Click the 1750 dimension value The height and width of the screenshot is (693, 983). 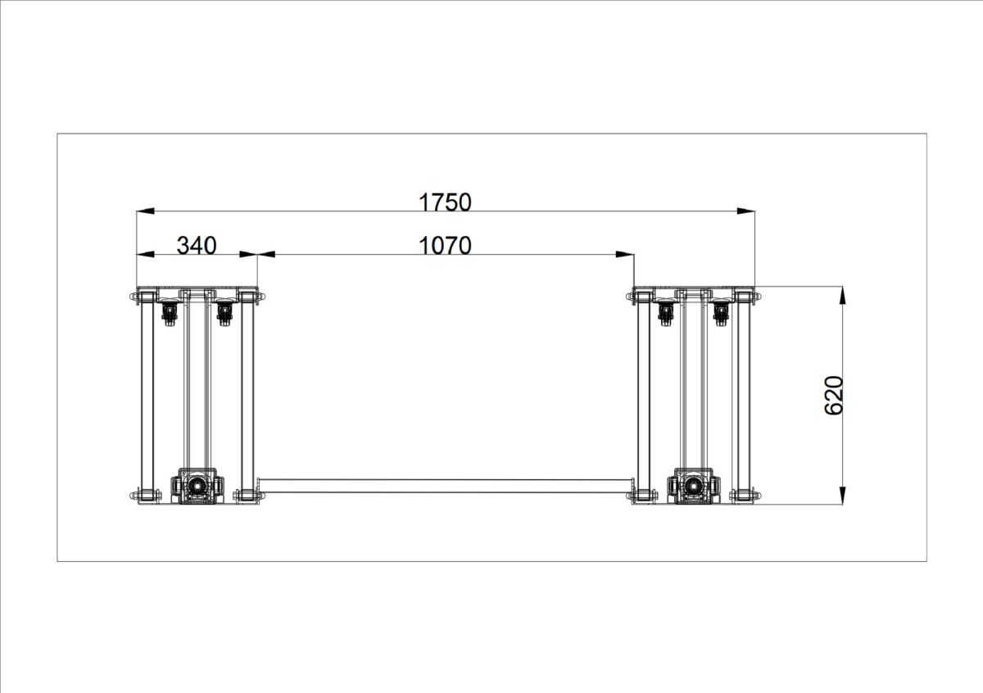(x=445, y=202)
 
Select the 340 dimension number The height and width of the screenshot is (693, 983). (x=196, y=246)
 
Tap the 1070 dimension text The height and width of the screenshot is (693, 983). (x=445, y=246)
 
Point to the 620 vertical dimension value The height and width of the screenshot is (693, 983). (x=834, y=396)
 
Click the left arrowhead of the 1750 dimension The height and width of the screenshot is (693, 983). (x=145, y=211)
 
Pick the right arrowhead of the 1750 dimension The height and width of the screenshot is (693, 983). (x=746, y=211)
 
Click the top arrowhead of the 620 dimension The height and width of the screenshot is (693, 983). (x=842, y=296)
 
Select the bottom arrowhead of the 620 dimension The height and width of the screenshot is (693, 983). (x=842, y=496)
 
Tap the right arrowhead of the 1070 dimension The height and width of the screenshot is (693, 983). (x=625, y=254)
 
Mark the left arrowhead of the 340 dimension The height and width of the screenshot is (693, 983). (x=145, y=254)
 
